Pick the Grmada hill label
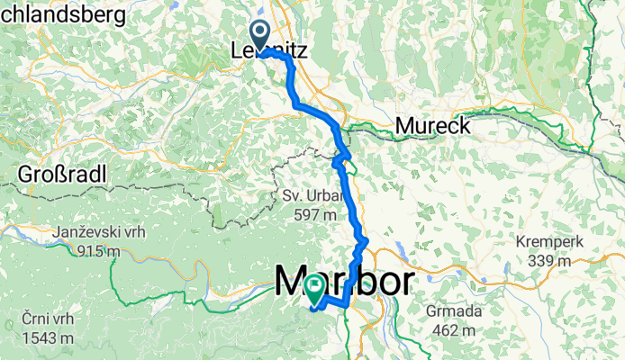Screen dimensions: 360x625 tap(457, 312)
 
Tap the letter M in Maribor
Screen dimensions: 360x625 tap(289, 282)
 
